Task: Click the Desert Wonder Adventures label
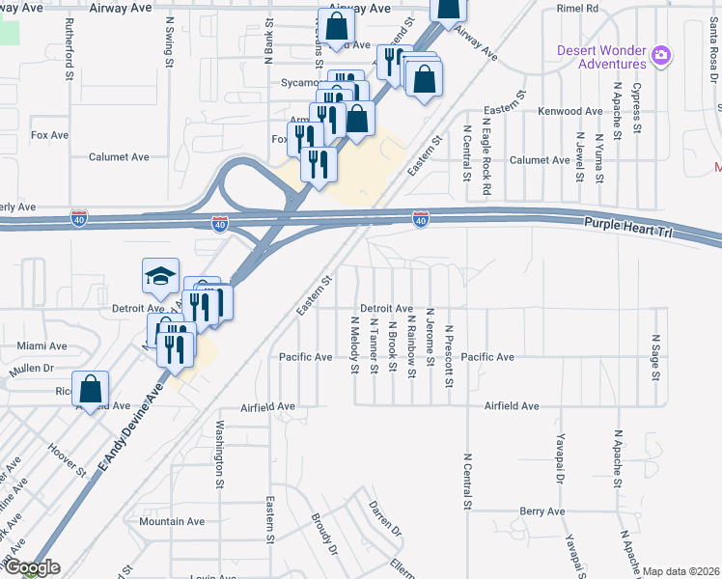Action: tap(601, 57)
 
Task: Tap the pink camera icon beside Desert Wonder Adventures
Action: tap(661, 54)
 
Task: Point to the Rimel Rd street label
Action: tap(578, 8)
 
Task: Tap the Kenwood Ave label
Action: tap(569, 112)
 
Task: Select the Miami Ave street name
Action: tap(42, 345)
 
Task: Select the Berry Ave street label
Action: tap(541, 511)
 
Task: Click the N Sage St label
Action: tap(655, 357)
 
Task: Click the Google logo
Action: tap(31, 568)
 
